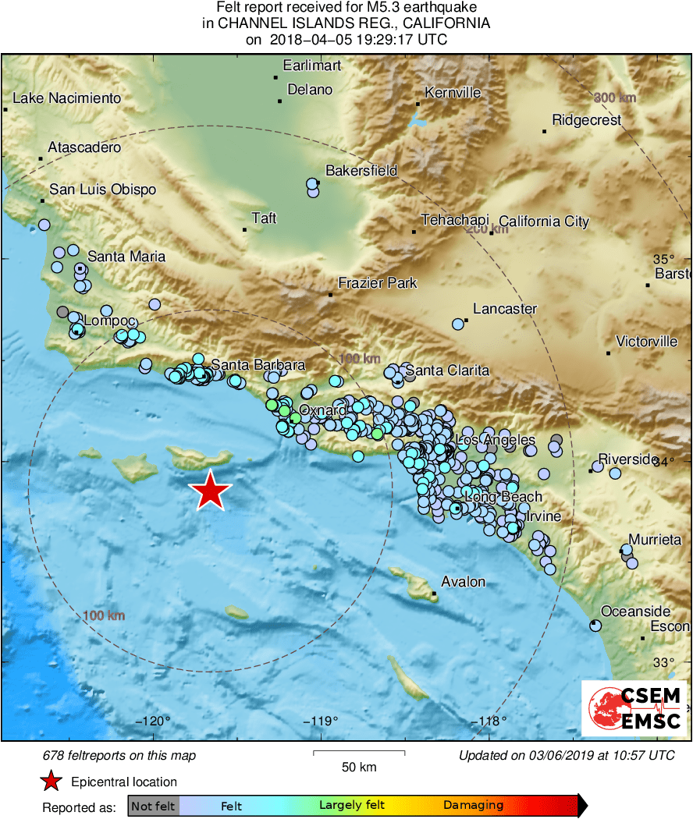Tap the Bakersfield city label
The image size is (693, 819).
pyautogui.click(x=361, y=171)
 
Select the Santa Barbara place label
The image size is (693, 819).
pyautogui.click(x=258, y=365)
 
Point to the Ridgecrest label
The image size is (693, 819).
pyautogui.click(x=586, y=120)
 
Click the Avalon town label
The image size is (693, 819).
pyautogui.click(x=463, y=582)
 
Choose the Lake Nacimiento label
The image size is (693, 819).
pyautogui.click(x=68, y=98)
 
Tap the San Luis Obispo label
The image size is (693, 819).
pyautogui.click(x=102, y=190)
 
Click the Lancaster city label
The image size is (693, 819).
pyautogui.click(x=505, y=309)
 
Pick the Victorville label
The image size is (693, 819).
pyautogui.click(x=646, y=342)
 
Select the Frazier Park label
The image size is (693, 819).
pyautogui.click(x=377, y=283)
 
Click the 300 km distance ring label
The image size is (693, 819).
pyautogui.click(x=615, y=97)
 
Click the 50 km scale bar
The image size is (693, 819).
pyautogui.click(x=359, y=753)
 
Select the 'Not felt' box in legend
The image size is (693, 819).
pyautogui.click(x=153, y=806)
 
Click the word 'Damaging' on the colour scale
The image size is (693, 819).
pyautogui.click(x=473, y=806)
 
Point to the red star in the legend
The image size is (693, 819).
pyautogui.click(x=52, y=782)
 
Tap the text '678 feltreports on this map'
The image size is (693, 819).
pyautogui.click(x=119, y=755)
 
